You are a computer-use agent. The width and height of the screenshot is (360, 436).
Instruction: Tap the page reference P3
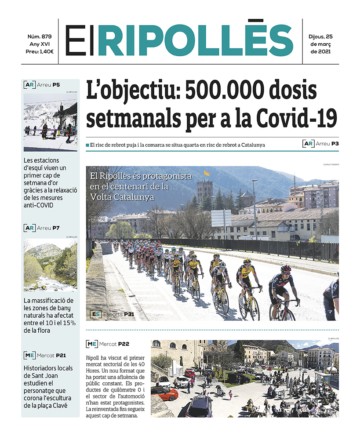[335, 143]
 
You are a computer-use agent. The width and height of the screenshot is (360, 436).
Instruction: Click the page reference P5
[56, 84]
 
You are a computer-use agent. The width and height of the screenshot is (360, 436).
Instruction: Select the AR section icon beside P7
[30, 228]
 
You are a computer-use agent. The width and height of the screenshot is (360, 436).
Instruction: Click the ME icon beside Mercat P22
[92, 344]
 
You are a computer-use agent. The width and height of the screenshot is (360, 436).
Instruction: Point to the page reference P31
[129, 314]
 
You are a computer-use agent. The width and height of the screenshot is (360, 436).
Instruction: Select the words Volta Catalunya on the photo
[123, 197]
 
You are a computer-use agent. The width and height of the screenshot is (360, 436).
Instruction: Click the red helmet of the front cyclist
[286, 268]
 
